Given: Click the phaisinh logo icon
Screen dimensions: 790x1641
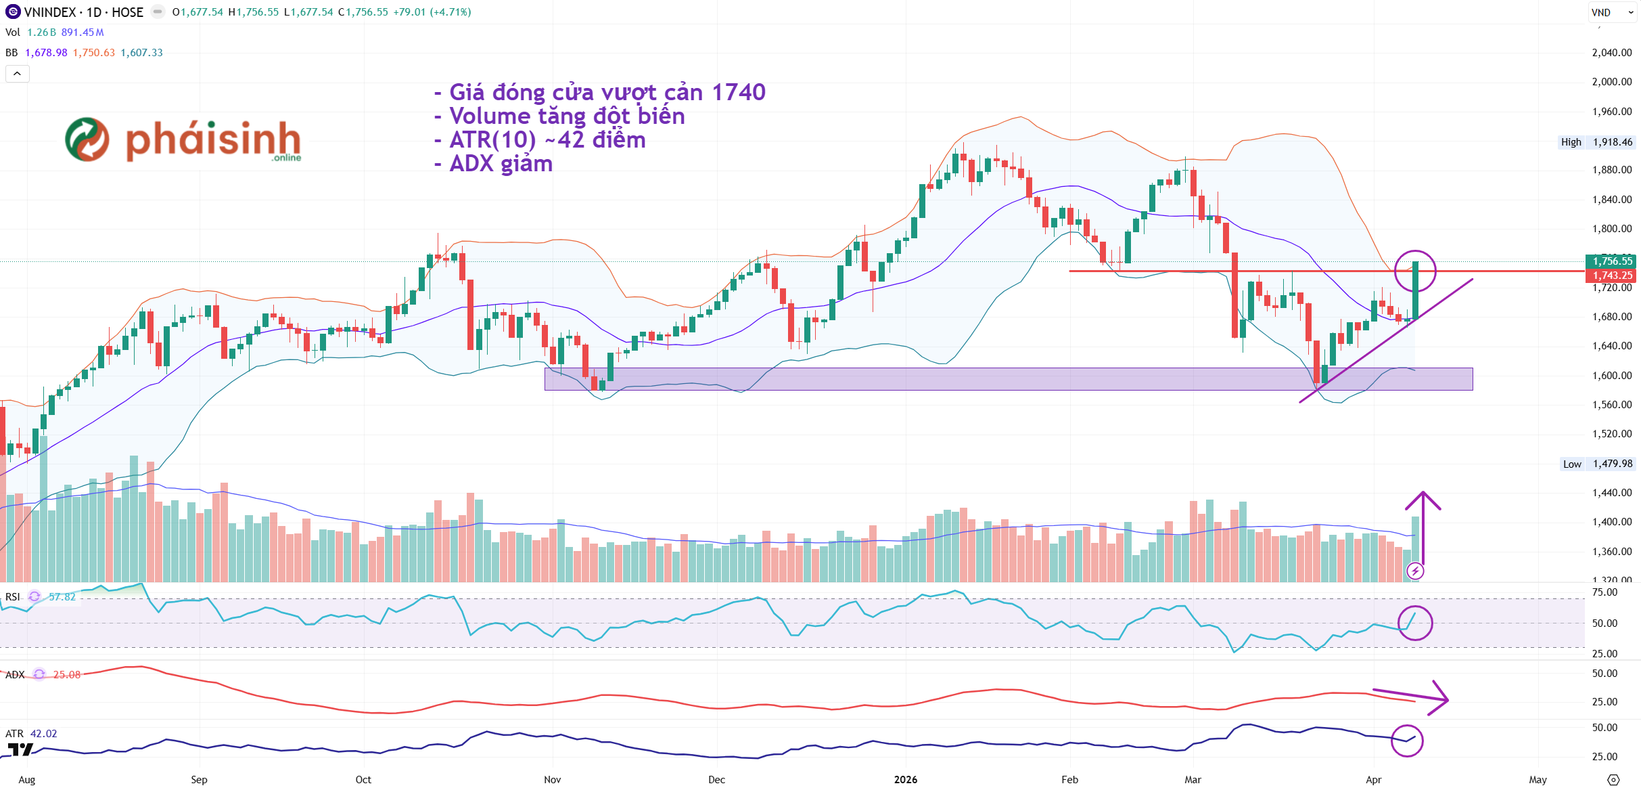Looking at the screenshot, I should pyautogui.click(x=87, y=139).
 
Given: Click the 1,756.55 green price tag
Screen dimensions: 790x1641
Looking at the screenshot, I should pyautogui.click(x=1612, y=261).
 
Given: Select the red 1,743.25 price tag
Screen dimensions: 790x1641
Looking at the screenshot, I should pyautogui.click(x=1612, y=276).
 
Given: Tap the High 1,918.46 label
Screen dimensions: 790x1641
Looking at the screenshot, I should pyautogui.click(x=1596, y=142).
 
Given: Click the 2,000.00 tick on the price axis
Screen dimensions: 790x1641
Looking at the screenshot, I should pyautogui.click(x=1611, y=82).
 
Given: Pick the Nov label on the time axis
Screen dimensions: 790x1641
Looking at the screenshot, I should pyautogui.click(x=552, y=779).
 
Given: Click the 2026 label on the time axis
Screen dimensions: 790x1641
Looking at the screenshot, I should pyautogui.click(x=905, y=779).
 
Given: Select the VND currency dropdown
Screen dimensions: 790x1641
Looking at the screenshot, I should pyautogui.click(x=1612, y=12).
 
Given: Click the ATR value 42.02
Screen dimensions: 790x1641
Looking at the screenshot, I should pyautogui.click(x=44, y=733).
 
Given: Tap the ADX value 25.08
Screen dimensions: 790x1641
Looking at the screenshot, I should pyautogui.click(x=67, y=674).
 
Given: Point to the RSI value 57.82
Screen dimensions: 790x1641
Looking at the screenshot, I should pyautogui.click(x=62, y=596).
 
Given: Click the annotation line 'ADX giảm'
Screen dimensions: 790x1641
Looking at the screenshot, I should pyautogui.click(x=501, y=164).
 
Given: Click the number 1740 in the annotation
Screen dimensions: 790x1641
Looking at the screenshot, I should pyautogui.click(x=739, y=92).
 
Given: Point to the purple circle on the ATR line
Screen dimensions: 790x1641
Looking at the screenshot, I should pyautogui.click(x=1407, y=740).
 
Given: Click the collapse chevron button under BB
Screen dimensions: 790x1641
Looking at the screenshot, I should pyautogui.click(x=18, y=73).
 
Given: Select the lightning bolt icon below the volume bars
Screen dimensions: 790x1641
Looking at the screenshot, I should pyautogui.click(x=1415, y=571).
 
